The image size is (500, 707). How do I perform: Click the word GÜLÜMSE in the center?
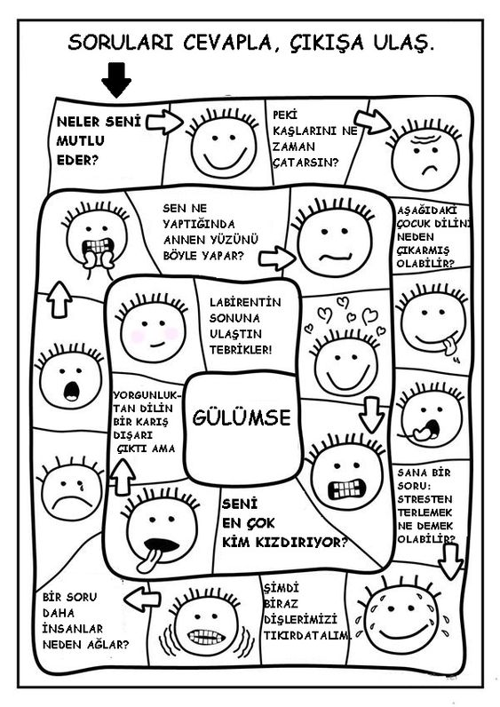(242, 417)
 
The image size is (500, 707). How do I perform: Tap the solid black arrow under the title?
(116, 80)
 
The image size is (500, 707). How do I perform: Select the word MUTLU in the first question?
(80, 140)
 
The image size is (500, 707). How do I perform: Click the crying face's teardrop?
(82, 486)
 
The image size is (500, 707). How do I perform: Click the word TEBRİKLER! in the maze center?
(241, 350)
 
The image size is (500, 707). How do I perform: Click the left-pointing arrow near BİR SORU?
(142, 599)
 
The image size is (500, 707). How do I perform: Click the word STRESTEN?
(425, 499)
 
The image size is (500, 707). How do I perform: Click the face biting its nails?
(96, 236)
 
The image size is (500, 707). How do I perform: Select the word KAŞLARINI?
(305, 131)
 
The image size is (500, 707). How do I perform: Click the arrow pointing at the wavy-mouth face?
(277, 258)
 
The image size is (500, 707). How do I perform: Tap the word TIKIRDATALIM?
(307, 636)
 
